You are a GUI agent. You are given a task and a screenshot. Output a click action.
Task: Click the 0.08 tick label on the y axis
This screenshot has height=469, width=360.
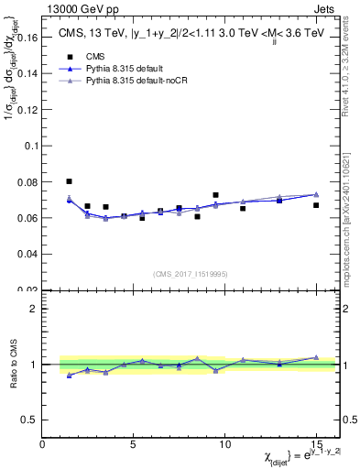[30, 181]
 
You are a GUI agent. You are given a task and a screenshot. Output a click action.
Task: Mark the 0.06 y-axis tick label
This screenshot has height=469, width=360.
[30, 218]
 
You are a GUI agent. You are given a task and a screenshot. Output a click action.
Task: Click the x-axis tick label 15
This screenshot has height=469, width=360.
[315, 444]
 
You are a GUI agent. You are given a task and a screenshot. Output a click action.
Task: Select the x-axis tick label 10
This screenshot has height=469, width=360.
[224, 444]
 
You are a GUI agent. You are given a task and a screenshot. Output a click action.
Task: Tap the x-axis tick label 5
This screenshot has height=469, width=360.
[134, 444]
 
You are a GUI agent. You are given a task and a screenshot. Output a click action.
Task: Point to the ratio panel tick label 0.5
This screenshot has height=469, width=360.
[30, 420]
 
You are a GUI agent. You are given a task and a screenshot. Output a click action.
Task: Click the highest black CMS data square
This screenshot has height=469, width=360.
[70, 181]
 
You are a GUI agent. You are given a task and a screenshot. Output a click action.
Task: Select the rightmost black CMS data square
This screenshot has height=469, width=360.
[316, 205]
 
